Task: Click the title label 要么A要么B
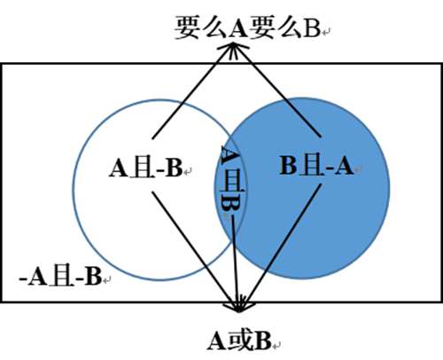pos(247,28)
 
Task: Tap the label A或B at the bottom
pos(239,340)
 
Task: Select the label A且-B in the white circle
pos(145,168)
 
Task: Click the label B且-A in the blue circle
pos(316,166)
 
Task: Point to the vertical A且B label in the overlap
pos(232,179)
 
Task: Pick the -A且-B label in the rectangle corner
pos(60,276)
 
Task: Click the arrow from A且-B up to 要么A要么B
pos(192,90)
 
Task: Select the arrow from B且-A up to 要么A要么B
pos(277,90)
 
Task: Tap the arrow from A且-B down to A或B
pos(196,252)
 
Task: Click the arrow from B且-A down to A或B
pos(280,248)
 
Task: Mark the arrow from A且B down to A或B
pos(235,264)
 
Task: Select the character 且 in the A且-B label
pos(144,168)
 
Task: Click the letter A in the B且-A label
pos(344,166)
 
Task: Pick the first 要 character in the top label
pos(186,28)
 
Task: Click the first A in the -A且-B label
pos(38,276)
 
